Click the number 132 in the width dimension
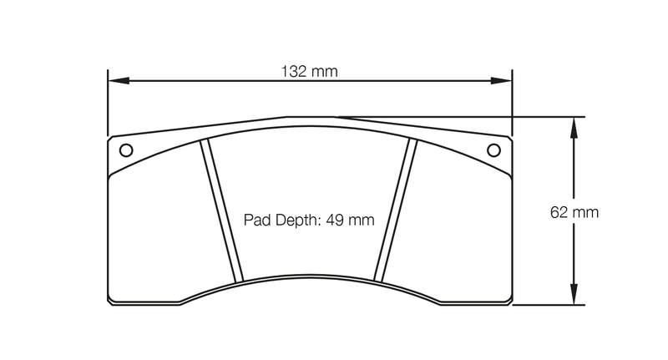coord(295,71)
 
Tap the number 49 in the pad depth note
coord(337,221)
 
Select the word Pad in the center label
coord(256,221)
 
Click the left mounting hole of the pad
coord(126,150)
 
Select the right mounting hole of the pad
coord(493,150)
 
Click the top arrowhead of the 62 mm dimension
coord(573,124)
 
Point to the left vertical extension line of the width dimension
coord(108,104)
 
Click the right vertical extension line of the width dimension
coord(512,104)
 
